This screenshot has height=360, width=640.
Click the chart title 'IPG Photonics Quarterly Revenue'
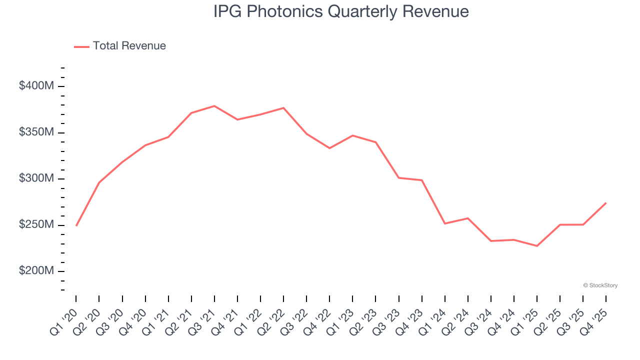(341, 11)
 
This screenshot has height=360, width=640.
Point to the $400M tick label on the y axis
(36, 86)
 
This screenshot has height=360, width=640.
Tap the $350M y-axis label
(36, 132)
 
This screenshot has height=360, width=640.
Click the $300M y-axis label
(36, 178)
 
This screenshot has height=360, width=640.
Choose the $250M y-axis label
(36, 225)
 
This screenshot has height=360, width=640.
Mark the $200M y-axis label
(36, 271)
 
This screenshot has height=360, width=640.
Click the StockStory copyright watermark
(600, 285)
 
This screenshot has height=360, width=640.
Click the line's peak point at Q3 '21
(214, 106)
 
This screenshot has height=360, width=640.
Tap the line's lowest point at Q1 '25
(537, 246)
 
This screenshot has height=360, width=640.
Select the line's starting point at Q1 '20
(76, 225)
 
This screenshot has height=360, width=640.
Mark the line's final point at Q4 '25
(606, 203)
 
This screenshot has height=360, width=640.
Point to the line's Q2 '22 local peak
(283, 108)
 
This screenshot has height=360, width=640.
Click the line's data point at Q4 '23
(422, 180)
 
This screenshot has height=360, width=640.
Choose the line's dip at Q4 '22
(329, 148)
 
